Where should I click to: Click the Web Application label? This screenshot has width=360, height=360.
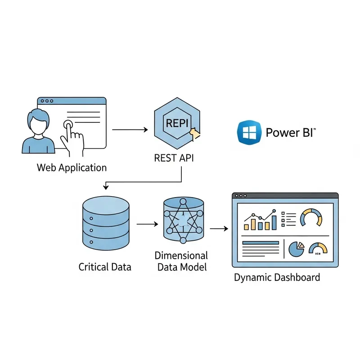(72, 168)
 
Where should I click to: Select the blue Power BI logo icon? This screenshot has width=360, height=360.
(248, 132)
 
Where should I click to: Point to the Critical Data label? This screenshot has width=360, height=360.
(105, 267)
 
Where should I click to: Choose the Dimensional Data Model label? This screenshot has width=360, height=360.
(181, 261)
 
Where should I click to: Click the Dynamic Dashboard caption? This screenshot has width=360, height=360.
(277, 277)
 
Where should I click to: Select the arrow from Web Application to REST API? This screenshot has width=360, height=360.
(130, 130)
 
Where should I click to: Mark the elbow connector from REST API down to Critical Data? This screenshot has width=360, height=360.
(144, 182)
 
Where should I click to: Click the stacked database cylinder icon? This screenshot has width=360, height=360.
(106, 223)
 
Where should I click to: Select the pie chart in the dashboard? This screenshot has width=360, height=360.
(296, 249)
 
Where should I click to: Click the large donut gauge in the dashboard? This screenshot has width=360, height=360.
(311, 217)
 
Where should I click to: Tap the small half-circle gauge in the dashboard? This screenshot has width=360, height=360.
(319, 249)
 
